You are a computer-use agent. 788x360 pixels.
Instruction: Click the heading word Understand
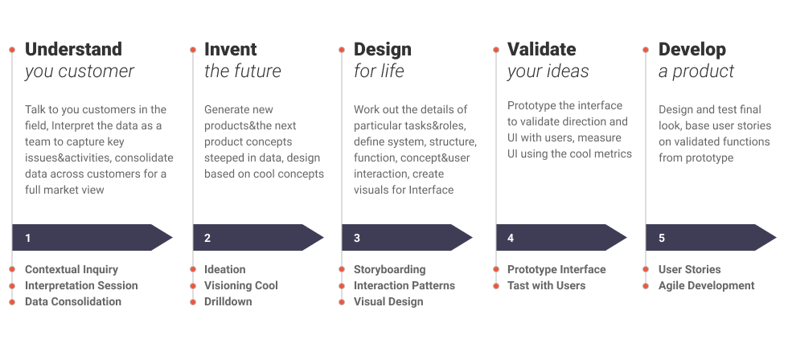click(x=73, y=49)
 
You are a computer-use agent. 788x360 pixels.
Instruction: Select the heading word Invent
click(x=231, y=49)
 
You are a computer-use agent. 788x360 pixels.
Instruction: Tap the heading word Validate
click(x=541, y=49)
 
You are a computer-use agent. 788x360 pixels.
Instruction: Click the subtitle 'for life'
click(x=379, y=71)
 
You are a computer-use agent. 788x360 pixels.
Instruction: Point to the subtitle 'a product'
click(x=696, y=71)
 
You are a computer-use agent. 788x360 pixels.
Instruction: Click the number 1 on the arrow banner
click(x=28, y=238)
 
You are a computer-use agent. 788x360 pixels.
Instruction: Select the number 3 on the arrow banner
click(x=357, y=238)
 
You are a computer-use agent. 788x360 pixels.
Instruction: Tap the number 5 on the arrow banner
click(x=662, y=238)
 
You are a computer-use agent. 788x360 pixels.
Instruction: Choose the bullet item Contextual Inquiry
click(x=72, y=269)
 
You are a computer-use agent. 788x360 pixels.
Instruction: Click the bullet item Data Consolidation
click(x=73, y=301)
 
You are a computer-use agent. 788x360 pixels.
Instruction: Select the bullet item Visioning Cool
click(x=241, y=285)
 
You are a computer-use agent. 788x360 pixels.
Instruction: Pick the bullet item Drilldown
click(x=228, y=301)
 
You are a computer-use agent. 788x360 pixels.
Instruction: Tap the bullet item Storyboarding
click(x=390, y=269)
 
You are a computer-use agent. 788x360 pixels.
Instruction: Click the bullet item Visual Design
click(x=388, y=301)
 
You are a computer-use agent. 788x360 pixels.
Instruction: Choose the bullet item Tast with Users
click(x=547, y=285)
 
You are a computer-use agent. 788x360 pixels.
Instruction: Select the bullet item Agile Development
click(x=707, y=285)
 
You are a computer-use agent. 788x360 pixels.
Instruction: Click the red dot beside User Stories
click(x=646, y=269)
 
